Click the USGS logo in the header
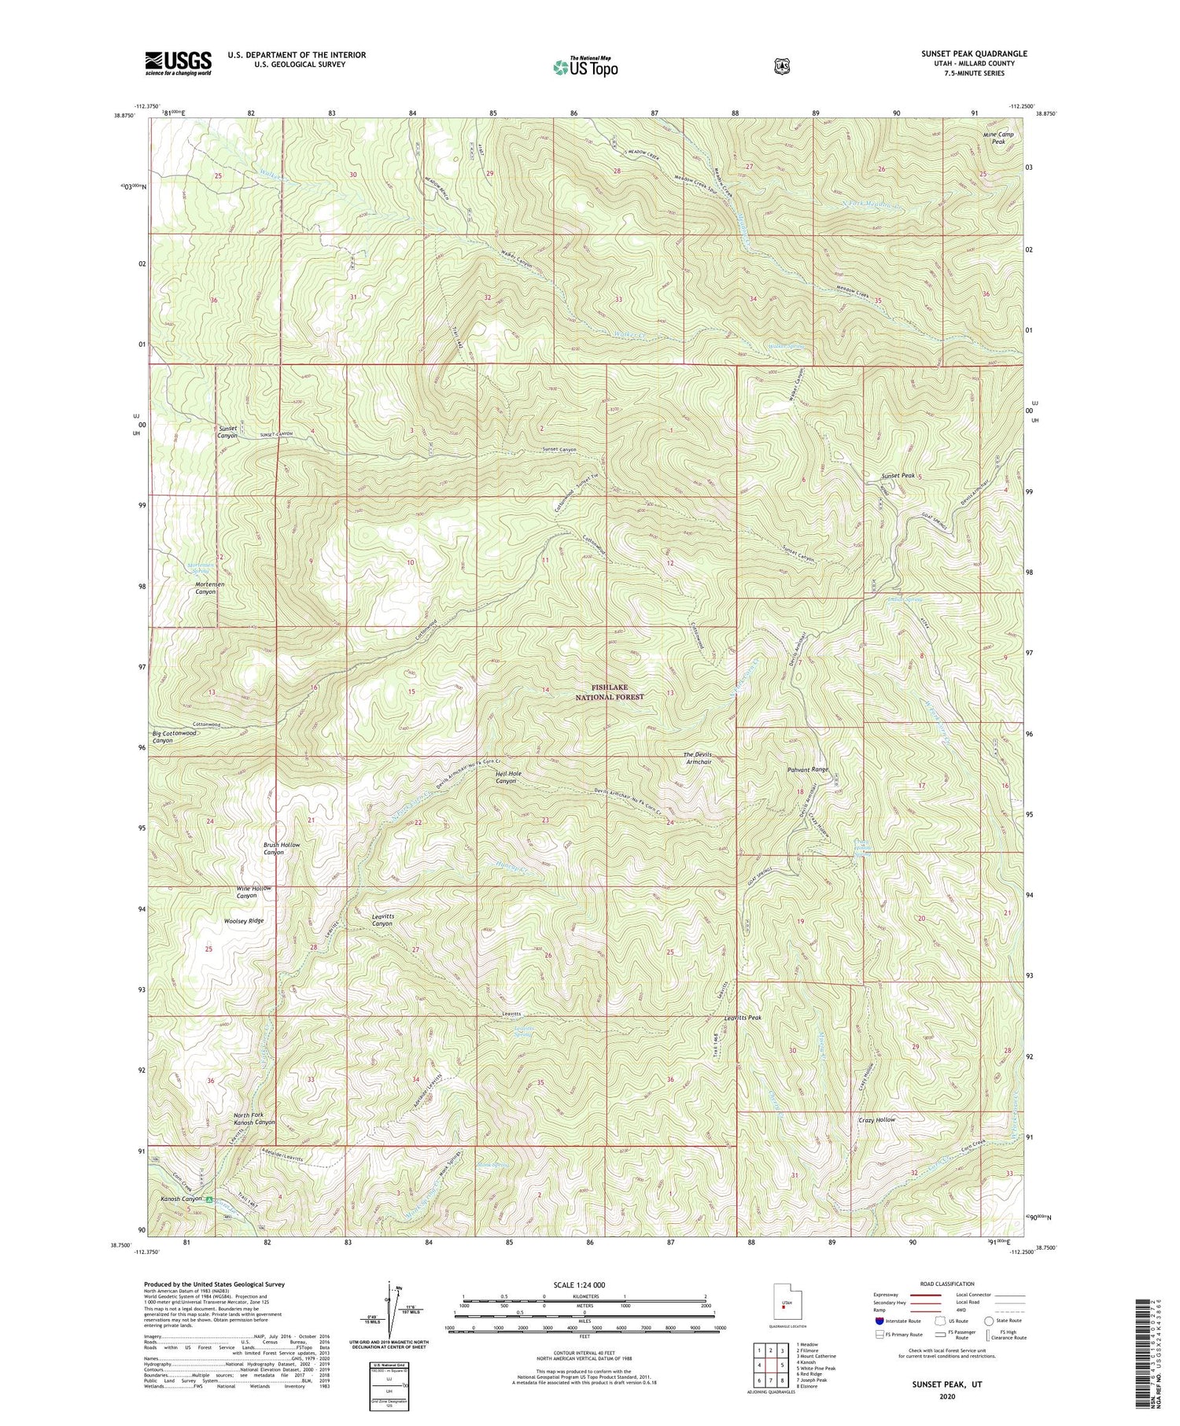coord(178,63)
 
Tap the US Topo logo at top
coord(585,67)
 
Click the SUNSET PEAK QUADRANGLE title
coord(974,53)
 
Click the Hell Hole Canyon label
coord(507,777)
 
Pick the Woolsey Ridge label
coord(243,920)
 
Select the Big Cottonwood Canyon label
coord(174,736)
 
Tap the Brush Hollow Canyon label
coord(281,848)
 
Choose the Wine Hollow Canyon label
coord(253,892)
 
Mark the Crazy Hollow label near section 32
coord(876,1119)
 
